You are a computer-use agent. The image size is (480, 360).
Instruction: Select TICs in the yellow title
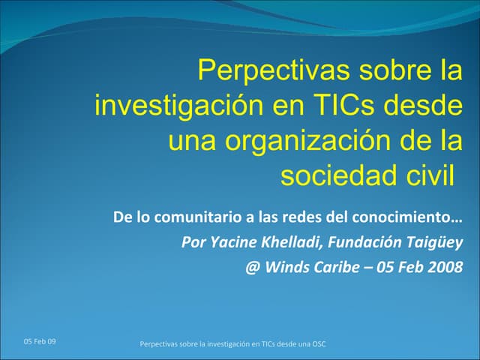[337, 106]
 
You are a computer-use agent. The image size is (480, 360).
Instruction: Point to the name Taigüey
[434, 242]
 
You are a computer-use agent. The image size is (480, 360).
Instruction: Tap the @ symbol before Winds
[252, 267]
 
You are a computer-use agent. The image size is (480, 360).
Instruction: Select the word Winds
[287, 267]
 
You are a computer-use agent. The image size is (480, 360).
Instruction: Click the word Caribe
[340, 267]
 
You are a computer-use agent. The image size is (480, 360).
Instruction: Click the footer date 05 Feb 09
[39, 342]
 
